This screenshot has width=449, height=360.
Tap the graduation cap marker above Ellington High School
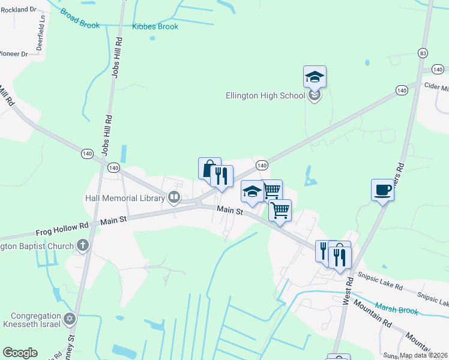pos(315,77)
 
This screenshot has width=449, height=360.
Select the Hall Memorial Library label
pos(125,198)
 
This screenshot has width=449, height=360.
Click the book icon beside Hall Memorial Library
pos(174,197)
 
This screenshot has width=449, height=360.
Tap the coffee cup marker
pos(382,190)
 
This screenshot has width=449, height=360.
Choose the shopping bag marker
pos(208,169)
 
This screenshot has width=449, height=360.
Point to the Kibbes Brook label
pos(155,27)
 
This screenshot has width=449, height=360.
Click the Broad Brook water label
pos(80,19)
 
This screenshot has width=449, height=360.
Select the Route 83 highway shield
pos(424,53)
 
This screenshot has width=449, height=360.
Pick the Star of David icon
pos(70,317)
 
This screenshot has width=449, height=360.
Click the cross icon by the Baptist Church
pos(83,245)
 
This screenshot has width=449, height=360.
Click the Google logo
pos(20,353)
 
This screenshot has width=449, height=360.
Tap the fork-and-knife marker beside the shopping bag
pos(222,176)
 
